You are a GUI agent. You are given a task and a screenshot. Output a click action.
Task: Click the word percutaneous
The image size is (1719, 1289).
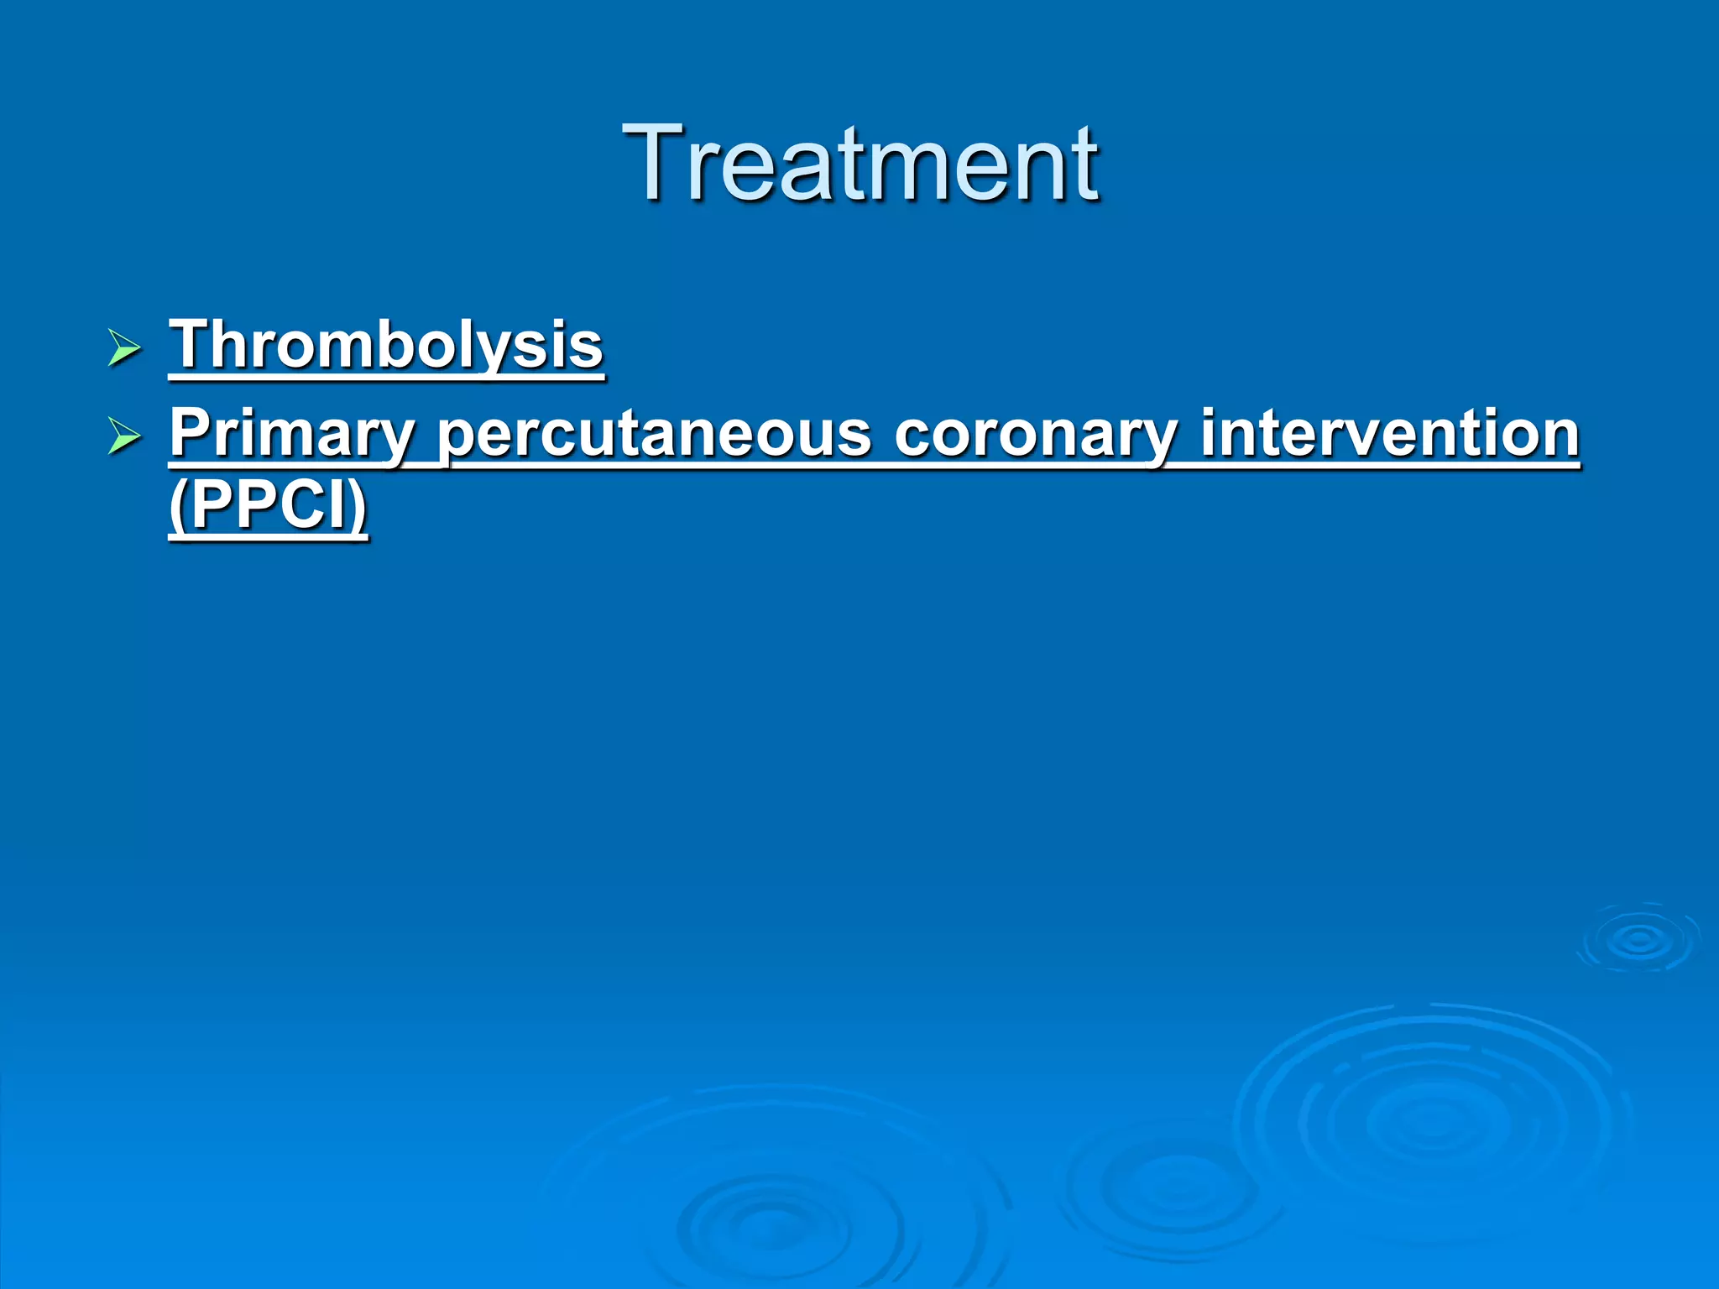coord(655,434)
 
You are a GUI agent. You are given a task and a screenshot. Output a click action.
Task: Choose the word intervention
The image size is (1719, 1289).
coord(1390,434)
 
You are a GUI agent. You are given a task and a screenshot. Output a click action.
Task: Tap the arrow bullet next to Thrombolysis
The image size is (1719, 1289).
coord(124,348)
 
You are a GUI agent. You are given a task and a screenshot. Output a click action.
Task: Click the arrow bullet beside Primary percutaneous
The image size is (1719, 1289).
coord(124,437)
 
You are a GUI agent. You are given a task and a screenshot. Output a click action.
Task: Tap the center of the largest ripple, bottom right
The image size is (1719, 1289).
coord(1432,1120)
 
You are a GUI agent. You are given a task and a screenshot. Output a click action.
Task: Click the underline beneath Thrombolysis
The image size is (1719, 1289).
coord(386,377)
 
